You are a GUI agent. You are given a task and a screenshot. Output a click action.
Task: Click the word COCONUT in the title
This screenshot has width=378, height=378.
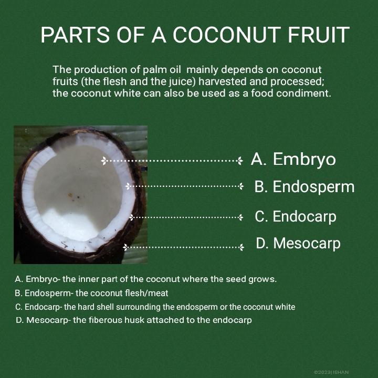click(x=227, y=35)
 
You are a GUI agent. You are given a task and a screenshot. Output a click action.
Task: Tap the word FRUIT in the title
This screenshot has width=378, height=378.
click(x=319, y=35)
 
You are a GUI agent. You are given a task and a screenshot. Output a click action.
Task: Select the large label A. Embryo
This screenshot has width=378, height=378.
click(x=293, y=160)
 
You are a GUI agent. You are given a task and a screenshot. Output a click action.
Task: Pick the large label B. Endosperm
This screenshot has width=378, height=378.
click(x=304, y=187)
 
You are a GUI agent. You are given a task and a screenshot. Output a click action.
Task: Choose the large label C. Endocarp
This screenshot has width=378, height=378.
click(x=296, y=216)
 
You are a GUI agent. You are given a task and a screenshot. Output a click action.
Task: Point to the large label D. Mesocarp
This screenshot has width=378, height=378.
click(x=298, y=243)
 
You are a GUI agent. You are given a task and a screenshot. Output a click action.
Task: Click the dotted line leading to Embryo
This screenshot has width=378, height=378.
click(x=172, y=161)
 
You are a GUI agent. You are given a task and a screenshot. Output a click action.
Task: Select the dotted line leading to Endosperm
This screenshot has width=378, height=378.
click(x=184, y=186)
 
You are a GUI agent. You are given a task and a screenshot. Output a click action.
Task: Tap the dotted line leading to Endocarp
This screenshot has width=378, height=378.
click(x=186, y=217)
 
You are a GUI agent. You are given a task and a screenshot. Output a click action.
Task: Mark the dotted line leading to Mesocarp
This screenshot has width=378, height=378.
click(x=183, y=247)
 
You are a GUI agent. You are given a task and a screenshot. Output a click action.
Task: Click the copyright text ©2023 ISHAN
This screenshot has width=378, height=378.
click(x=331, y=372)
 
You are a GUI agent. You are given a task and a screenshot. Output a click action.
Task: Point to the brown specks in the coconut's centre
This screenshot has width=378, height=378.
click(x=73, y=196)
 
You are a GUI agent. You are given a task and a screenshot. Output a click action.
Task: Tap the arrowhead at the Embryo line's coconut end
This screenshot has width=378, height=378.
click(x=103, y=161)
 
